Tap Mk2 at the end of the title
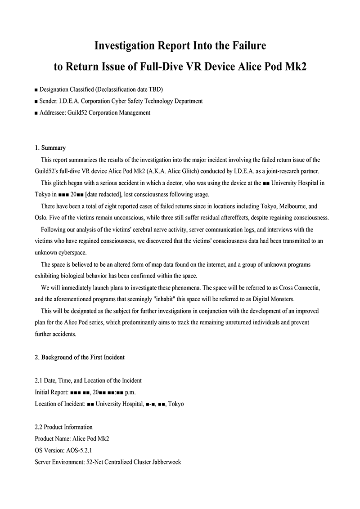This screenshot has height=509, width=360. [295, 66]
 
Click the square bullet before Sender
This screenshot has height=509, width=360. [36, 102]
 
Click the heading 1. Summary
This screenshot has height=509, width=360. [50, 148]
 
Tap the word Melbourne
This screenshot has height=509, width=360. [294, 206]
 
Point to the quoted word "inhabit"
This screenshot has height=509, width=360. [166, 299]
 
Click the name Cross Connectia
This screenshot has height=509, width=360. [300, 287]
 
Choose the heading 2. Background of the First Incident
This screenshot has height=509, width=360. [80, 357]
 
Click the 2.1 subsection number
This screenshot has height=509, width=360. [39, 381]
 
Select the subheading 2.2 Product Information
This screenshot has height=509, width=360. [63, 427]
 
